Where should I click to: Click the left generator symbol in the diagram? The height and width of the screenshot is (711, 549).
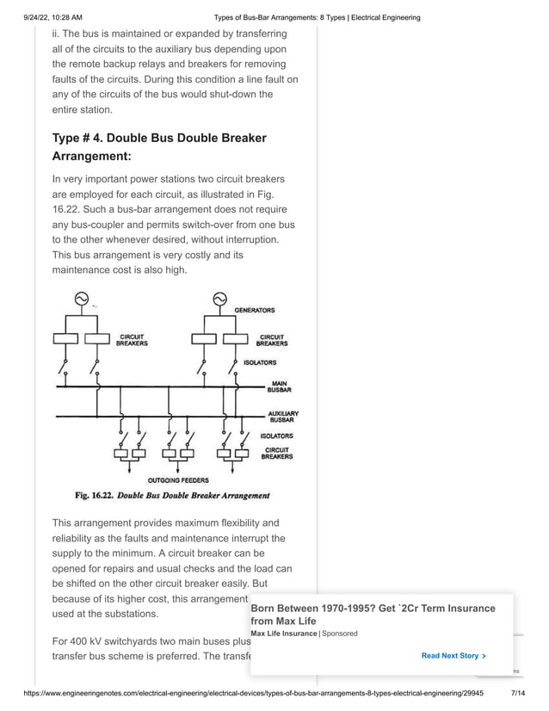[81, 300]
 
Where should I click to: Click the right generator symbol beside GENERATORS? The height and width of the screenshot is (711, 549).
[219, 300]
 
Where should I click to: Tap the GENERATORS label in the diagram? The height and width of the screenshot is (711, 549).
[255, 310]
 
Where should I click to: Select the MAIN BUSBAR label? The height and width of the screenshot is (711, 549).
[279, 386]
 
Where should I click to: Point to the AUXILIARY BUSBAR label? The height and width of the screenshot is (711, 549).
[282, 417]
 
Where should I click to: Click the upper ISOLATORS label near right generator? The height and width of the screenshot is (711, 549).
[260, 362]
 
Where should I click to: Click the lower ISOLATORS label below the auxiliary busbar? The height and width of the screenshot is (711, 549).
[276, 436]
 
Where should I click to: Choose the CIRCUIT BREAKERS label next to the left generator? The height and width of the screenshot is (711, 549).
[132, 340]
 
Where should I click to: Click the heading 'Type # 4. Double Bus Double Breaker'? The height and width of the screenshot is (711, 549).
[159, 138]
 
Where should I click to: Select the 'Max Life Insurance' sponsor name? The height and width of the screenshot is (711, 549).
[284, 634]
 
